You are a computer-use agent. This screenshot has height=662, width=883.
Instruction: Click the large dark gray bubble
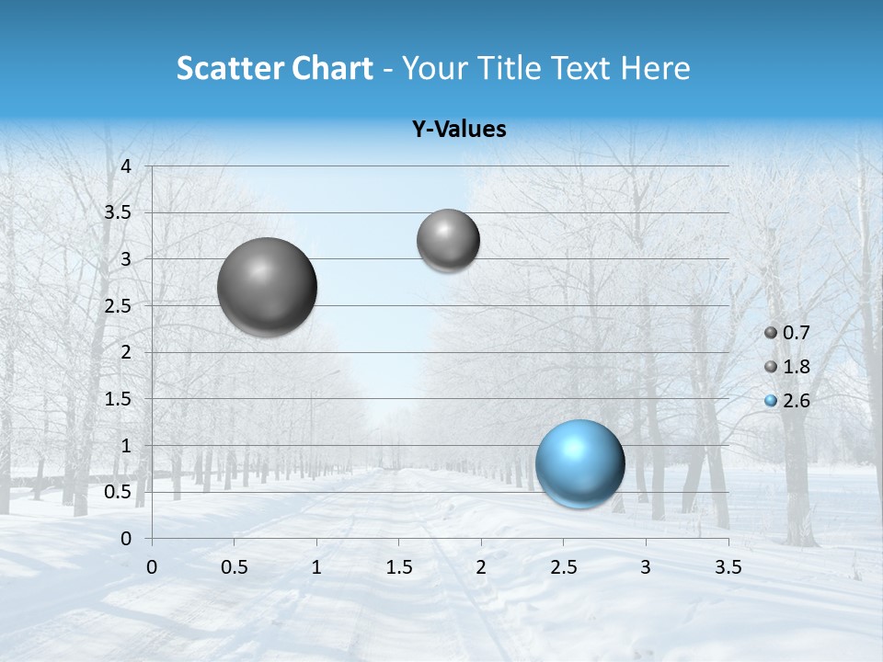pyautogui.click(x=268, y=287)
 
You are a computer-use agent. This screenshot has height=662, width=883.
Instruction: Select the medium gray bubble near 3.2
pyautogui.click(x=448, y=240)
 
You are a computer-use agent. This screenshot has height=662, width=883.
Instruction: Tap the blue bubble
pyautogui.click(x=579, y=463)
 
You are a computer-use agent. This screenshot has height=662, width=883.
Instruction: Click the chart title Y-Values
pyautogui.click(x=458, y=130)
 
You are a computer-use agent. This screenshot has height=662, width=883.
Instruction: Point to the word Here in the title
pyautogui.click(x=654, y=68)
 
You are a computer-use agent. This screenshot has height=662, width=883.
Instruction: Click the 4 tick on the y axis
pyautogui.click(x=127, y=165)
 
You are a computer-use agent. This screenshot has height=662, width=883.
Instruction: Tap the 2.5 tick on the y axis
pyautogui.click(x=118, y=305)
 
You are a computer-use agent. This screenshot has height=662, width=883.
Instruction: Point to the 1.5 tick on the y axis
pyautogui.click(x=118, y=399)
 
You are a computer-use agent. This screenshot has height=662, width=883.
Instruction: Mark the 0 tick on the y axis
pyautogui.click(x=127, y=538)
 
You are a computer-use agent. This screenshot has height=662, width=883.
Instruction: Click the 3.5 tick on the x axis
pyautogui.click(x=728, y=567)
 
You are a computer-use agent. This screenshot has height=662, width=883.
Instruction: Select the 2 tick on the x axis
pyautogui.click(x=481, y=567)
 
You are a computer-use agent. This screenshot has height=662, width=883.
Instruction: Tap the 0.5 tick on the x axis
pyautogui.click(x=235, y=567)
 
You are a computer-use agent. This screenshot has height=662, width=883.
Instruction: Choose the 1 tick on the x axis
pyautogui.click(x=316, y=567)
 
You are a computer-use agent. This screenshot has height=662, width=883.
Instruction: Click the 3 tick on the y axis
pyautogui.click(x=127, y=259)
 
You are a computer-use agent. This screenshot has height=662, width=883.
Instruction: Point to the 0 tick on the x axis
pyautogui.click(x=152, y=567)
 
